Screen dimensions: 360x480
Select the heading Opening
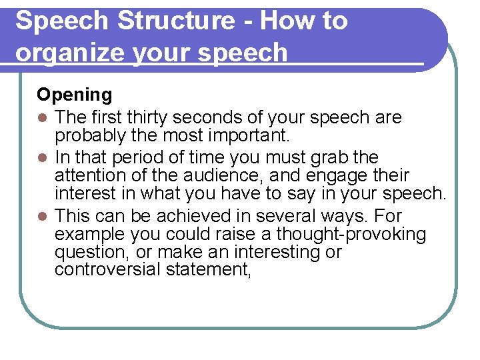[75, 95]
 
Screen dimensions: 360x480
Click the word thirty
[148, 118]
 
